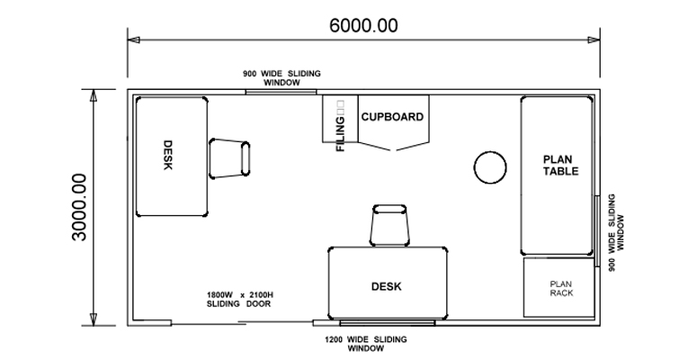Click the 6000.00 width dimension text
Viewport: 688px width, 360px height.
click(x=363, y=25)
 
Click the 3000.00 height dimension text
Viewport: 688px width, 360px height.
click(x=80, y=207)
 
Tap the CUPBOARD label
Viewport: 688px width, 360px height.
click(x=392, y=117)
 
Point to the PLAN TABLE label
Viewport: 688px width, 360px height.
click(x=561, y=165)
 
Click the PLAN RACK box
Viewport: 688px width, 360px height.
click(x=559, y=287)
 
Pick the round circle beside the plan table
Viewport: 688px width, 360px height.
click(x=490, y=167)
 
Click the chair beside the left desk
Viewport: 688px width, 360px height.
click(x=229, y=158)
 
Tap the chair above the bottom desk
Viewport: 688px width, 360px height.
click(x=389, y=225)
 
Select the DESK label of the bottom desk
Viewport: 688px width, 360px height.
click(x=386, y=287)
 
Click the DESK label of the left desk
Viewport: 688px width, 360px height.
click(x=167, y=155)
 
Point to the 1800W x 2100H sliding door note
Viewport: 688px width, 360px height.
click(x=240, y=300)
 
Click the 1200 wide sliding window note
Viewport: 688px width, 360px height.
click(x=365, y=344)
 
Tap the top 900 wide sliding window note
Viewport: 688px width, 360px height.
click(x=281, y=77)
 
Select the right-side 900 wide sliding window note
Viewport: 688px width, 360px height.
click(x=616, y=232)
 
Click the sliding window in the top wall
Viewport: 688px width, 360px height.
click(x=281, y=92)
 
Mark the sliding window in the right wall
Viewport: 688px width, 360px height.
click(x=597, y=231)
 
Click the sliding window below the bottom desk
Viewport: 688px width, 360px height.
click(x=388, y=323)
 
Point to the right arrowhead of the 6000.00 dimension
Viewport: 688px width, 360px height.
click(x=594, y=40)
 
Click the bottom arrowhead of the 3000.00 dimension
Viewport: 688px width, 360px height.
click(x=94, y=319)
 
